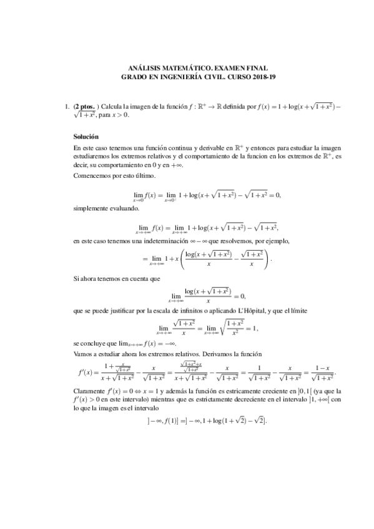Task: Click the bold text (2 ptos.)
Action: pos(85,107)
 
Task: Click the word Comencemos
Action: pos(92,175)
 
